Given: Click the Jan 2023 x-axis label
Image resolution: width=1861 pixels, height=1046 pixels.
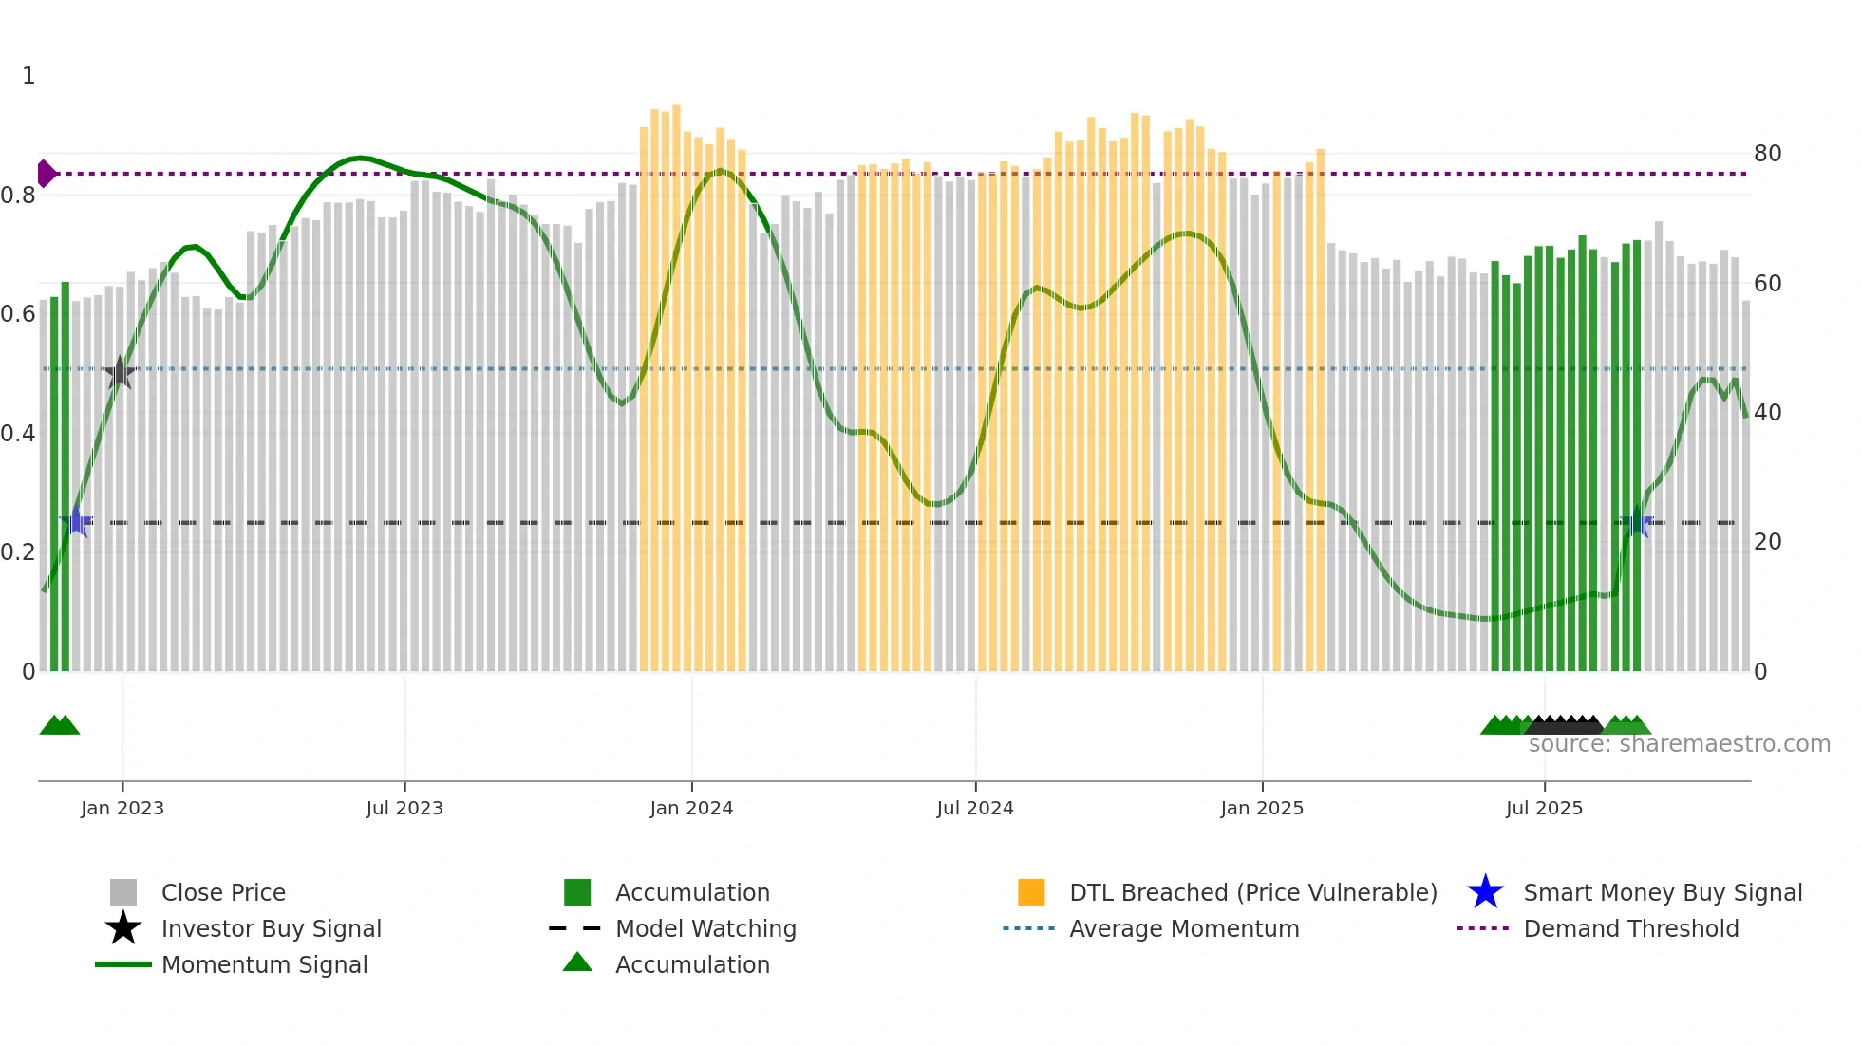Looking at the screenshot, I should pyautogui.click(x=122, y=808).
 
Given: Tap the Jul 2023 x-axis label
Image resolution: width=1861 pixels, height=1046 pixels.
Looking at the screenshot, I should pyautogui.click(x=404, y=808).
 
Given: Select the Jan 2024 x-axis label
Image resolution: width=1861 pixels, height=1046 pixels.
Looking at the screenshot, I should pyautogui.click(x=691, y=808).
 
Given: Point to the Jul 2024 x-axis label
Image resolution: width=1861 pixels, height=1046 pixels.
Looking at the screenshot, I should pyautogui.click(x=975, y=808).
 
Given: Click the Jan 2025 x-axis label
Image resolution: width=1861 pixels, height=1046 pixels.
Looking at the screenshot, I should pyautogui.click(x=1262, y=808).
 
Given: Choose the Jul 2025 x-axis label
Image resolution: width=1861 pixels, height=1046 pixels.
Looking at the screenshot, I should pyautogui.click(x=1544, y=808).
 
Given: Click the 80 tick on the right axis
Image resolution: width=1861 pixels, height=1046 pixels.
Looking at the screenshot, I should pyautogui.click(x=1767, y=154).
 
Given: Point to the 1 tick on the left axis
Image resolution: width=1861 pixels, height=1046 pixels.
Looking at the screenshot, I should pyautogui.click(x=28, y=76).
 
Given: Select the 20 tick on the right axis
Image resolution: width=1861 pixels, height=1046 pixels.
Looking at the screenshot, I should pyautogui.click(x=1767, y=542).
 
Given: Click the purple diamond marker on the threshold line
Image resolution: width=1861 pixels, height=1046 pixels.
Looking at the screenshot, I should pyautogui.click(x=46, y=174).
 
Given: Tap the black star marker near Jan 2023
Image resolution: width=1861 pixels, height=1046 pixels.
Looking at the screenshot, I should pyautogui.click(x=120, y=373).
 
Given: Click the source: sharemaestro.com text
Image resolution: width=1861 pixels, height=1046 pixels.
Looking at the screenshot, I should pyautogui.click(x=1679, y=744).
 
